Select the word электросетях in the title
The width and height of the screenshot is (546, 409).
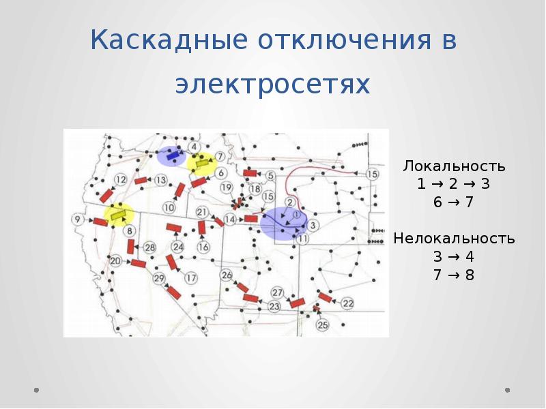[272, 85]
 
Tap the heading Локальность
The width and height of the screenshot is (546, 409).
[454, 166]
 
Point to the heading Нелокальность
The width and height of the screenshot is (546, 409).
[454, 239]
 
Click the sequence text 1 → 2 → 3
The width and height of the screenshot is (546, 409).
[454, 185]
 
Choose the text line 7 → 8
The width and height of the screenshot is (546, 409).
[454, 275]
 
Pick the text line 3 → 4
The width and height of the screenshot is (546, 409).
[454, 257]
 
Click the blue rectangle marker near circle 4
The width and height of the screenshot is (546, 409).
[173, 156]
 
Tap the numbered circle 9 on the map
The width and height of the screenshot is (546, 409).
[77, 219]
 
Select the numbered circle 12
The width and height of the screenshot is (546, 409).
[120, 179]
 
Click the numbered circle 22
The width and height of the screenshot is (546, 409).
[347, 303]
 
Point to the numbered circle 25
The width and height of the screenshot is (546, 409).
[323, 325]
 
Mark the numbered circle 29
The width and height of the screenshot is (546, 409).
[159, 278]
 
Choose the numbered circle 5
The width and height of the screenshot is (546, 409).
[270, 176]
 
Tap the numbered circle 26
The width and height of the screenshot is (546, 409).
[227, 275]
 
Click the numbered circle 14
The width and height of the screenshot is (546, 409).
[230, 219]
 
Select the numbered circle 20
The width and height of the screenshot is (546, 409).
[115, 260]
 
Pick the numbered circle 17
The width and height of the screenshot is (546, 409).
[190, 277]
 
